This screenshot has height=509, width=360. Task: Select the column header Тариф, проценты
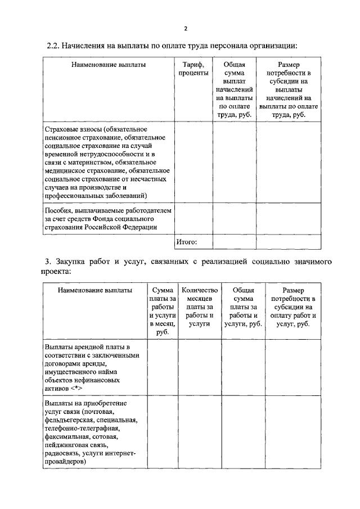(x=193, y=69)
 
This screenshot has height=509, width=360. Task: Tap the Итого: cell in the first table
(x=186, y=242)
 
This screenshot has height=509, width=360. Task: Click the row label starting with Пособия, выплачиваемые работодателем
(x=107, y=218)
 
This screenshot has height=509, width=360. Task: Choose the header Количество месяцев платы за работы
(x=199, y=307)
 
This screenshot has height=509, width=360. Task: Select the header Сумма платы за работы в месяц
(x=163, y=312)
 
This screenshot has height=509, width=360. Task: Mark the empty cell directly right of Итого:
(x=234, y=242)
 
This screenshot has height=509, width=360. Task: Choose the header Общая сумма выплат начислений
(x=234, y=89)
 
